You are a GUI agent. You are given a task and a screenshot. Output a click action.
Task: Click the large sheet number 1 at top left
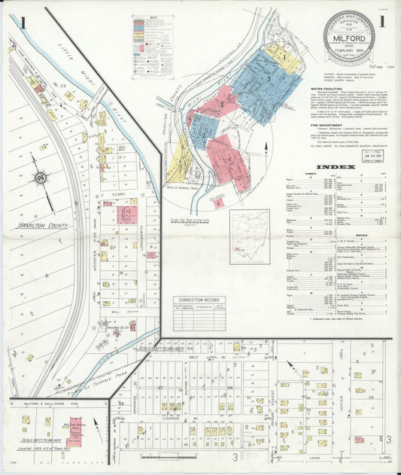click(x=23, y=23)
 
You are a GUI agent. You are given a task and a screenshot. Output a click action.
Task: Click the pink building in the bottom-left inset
click(x=75, y=432)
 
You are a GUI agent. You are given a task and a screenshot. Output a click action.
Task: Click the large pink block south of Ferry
click(x=126, y=215)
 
